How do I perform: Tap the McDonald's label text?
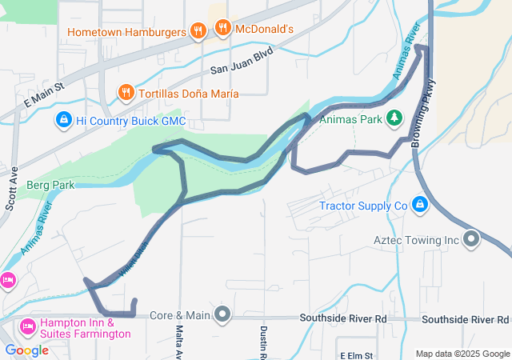pyautogui.click(x=254, y=30)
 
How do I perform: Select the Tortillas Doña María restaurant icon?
pyautogui.click(x=126, y=94)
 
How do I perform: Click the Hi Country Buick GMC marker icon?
pyautogui.click(x=63, y=121)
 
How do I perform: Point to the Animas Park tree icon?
pyautogui.click(x=394, y=119)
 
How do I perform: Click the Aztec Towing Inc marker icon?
pyautogui.click(x=471, y=238)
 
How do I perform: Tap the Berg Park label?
pyautogui.click(x=50, y=185)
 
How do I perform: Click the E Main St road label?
pyautogui.click(x=43, y=94)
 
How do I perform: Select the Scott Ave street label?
pyautogui.click(x=12, y=189)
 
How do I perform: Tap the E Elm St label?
pyautogui.click(x=358, y=354)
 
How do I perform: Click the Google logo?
pyautogui.click(x=26, y=350)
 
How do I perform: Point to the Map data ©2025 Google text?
pyautogui.click(x=462, y=354)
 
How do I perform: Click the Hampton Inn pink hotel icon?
pyautogui.click(x=26, y=326)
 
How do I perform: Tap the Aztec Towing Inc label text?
pyautogui.click(x=416, y=239)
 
